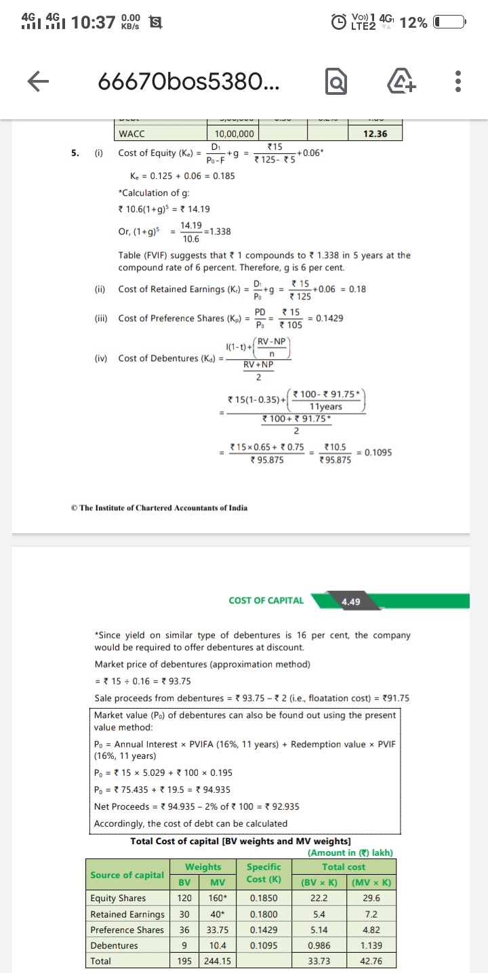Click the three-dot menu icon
(459, 83)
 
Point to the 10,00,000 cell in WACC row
(235, 134)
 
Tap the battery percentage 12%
(413, 22)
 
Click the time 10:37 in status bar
(93, 22)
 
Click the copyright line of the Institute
(159, 508)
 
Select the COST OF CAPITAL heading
(266, 600)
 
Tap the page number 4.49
(351, 601)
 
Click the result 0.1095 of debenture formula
(377, 453)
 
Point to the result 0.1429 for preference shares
(329, 318)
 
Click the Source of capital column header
(127, 875)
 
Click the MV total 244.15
(218, 961)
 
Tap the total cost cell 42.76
(371, 961)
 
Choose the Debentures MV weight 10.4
(218, 945)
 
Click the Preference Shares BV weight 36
(184, 930)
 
